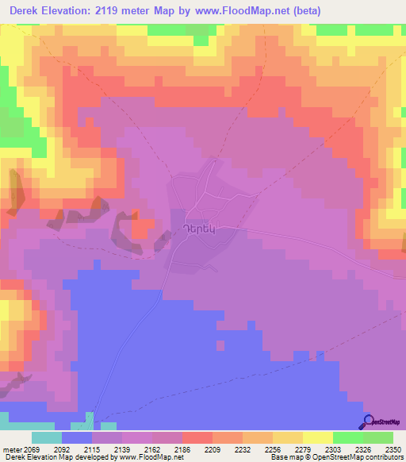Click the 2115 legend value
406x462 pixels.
click(106, 449)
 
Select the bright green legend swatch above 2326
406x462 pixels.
click(347, 437)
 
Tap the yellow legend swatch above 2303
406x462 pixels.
click(317, 437)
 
